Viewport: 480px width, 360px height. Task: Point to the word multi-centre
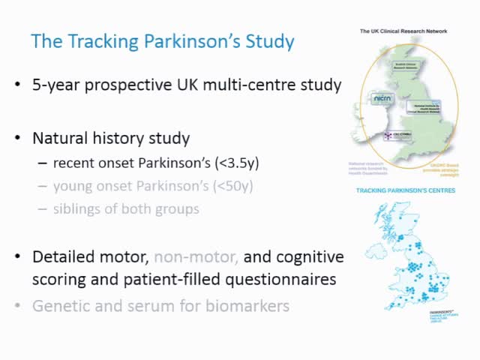pos(260,85)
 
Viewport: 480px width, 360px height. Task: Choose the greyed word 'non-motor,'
pos(196,256)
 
